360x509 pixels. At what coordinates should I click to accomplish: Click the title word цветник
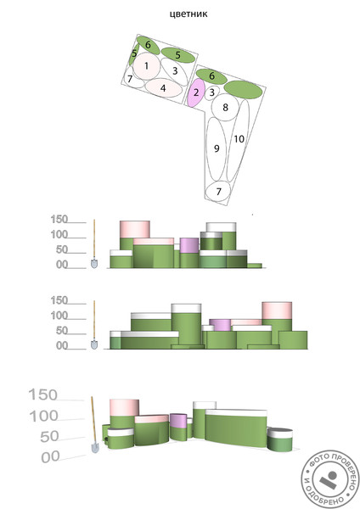pos(188,14)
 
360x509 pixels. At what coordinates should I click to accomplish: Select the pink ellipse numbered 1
pos(147,66)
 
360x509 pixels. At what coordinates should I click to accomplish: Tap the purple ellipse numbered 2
pos(196,92)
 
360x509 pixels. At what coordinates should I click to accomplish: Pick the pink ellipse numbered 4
pos(163,87)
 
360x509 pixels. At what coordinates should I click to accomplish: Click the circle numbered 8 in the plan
pos(225,108)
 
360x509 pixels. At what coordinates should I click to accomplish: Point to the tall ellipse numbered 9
pos(217,149)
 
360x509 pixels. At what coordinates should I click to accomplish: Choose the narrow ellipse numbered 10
pos(238,140)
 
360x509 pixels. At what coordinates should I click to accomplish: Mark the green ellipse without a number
pos(243,90)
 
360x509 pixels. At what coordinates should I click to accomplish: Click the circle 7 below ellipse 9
pos(218,192)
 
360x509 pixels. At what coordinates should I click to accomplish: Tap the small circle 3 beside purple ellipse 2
pos(212,92)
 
